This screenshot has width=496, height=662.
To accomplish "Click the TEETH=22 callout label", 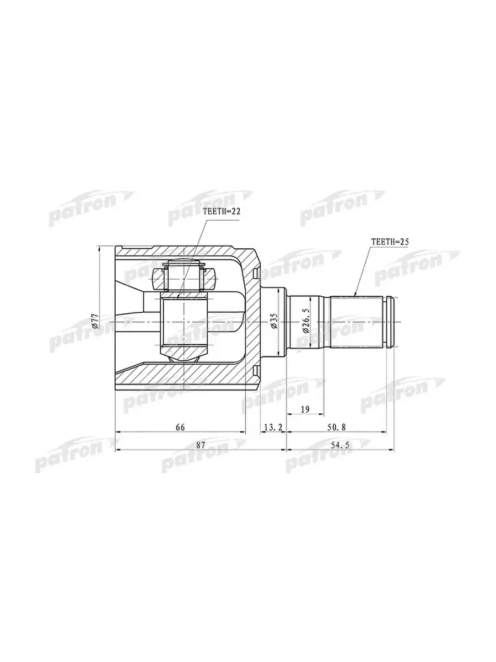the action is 222,212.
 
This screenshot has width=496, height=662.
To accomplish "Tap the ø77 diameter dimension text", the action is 95,321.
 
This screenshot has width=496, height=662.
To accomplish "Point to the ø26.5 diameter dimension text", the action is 306,322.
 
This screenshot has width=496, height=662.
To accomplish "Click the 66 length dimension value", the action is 180,427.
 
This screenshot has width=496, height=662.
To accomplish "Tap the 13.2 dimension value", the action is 273,427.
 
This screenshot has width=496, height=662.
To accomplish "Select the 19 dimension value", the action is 305,409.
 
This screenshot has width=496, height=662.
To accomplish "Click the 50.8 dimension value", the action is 336,427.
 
